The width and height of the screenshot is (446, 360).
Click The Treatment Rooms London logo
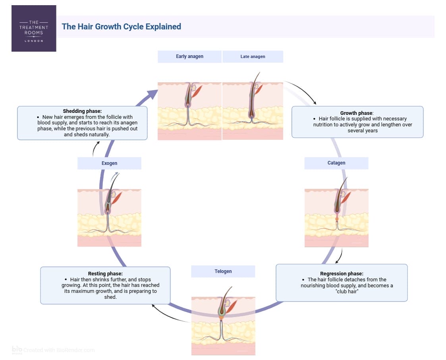point(34,29)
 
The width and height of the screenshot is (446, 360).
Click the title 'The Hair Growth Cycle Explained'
point(121,27)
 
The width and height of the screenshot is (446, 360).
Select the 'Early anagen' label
point(189,56)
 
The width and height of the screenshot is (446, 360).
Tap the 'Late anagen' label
point(253,56)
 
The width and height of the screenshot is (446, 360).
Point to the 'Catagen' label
point(336,163)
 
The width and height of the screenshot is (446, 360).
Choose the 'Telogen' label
point(223,271)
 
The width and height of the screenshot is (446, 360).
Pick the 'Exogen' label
point(109,163)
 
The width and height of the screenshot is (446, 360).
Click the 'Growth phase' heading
point(356,113)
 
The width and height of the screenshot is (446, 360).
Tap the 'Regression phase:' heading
point(342,274)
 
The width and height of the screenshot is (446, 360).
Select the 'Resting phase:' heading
point(105,274)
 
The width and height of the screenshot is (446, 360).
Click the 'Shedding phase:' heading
point(82,111)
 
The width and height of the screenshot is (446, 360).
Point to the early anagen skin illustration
point(189,111)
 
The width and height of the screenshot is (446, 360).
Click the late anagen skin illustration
point(253,111)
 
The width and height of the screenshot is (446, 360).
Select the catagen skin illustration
point(336,218)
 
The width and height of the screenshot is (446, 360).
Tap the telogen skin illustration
point(223,326)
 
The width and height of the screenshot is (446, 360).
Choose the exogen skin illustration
point(109,218)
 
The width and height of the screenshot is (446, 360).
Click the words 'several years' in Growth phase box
point(362,130)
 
